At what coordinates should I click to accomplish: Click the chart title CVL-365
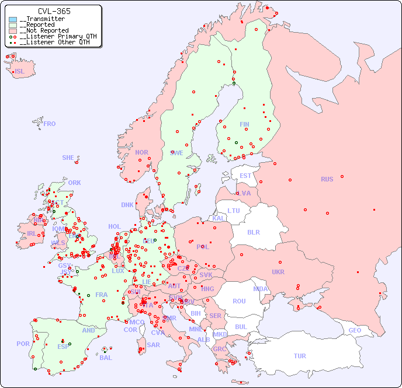(x=54, y=11)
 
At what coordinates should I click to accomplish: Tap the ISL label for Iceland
(x=20, y=72)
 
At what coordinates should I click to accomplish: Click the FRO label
(x=50, y=124)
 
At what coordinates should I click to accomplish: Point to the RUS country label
(x=327, y=179)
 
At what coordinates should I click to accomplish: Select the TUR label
(x=300, y=356)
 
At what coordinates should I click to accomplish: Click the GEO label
(x=355, y=330)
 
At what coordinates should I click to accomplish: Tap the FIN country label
(x=244, y=124)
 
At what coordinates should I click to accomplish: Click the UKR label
(x=278, y=272)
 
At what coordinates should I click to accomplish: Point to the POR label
(x=23, y=344)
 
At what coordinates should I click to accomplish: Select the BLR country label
(x=254, y=232)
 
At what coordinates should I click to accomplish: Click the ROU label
(x=239, y=301)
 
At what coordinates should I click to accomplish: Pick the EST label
(x=245, y=176)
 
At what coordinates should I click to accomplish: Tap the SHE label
(x=68, y=158)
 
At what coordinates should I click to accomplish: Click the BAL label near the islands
(x=106, y=358)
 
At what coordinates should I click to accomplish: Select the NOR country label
(x=141, y=152)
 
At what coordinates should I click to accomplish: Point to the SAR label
(x=154, y=345)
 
